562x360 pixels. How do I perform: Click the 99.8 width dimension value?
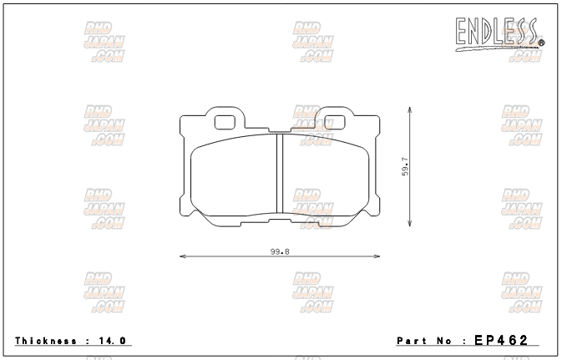pyautogui.click(x=280, y=251)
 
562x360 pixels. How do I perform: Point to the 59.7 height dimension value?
pyautogui.click(x=405, y=167)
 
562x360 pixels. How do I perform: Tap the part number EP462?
pyautogui.click(x=501, y=340)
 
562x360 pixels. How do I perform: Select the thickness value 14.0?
pyautogui.click(x=112, y=341)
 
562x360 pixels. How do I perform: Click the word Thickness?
pyautogui.click(x=46, y=341)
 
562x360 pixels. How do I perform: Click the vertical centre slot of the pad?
pyautogui.click(x=280, y=174)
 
